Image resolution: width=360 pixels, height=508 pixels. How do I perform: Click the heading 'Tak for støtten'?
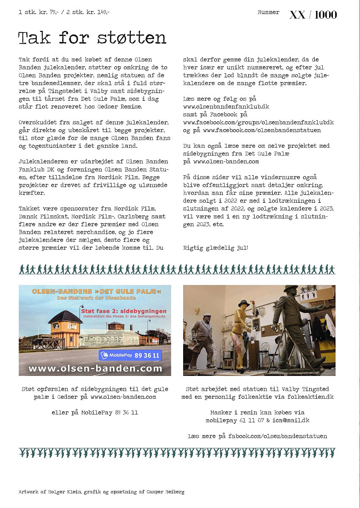tap(92, 38)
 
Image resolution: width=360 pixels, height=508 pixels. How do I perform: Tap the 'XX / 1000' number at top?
tap(313, 15)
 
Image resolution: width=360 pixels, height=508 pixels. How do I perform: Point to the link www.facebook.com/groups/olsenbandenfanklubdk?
tap(258, 122)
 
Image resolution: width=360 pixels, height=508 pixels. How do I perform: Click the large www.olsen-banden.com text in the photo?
tap(95, 369)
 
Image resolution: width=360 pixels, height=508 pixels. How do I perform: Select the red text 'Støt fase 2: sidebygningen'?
tap(124, 312)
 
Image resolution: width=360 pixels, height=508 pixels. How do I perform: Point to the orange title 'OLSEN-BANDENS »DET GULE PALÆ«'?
tap(96, 292)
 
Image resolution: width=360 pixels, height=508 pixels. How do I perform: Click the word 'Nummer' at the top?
tap(268, 12)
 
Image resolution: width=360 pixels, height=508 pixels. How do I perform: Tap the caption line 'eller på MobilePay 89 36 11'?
tap(95, 412)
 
